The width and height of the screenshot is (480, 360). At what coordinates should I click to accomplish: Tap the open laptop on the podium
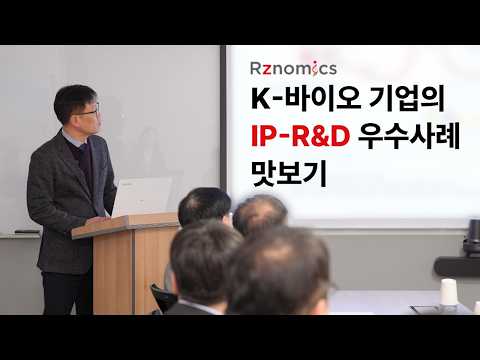click(x=140, y=197)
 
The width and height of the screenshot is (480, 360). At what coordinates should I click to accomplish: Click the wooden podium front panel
click(x=112, y=270)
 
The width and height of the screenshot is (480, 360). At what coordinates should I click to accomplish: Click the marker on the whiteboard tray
click(x=24, y=233)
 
